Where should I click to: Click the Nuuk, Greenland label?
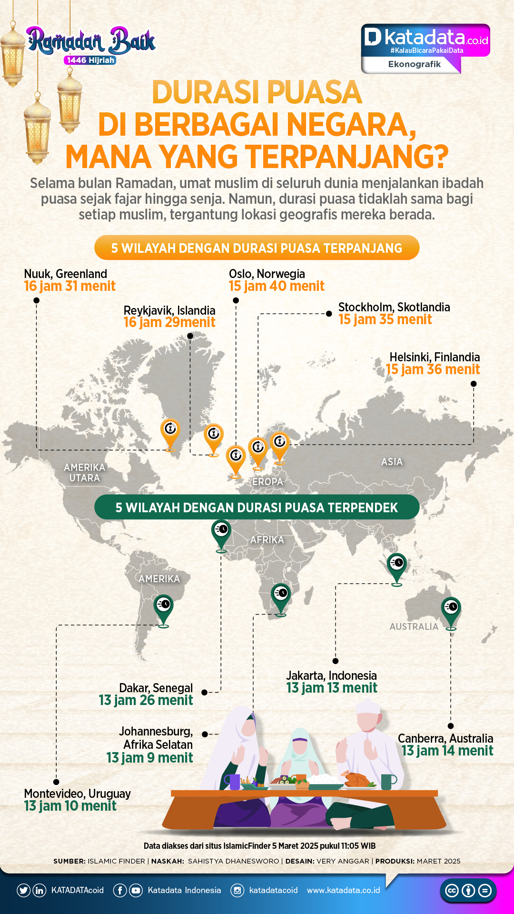tap(65, 274)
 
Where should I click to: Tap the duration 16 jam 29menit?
tap(169, 322)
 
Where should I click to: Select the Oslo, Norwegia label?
tap(267, 274)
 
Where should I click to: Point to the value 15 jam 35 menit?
tap(385, 319)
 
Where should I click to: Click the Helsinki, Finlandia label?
tap(435, 357)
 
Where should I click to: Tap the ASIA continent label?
tap(392, 462)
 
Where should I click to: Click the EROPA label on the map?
tap(267, 482)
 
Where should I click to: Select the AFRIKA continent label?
tap(267, 540)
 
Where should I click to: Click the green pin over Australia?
tap(451, 611)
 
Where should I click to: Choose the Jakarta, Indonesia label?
tap(331, 676)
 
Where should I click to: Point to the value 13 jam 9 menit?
tap(149, 758)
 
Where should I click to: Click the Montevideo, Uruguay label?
tap(77, 794)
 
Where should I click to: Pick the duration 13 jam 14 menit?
tap(447, 751)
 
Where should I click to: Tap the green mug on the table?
tap(387, 781)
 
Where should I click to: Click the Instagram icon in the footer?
tap(237, 890)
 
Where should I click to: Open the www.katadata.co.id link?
tap(343, 890)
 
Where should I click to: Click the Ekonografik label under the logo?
tap(414, 64)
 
